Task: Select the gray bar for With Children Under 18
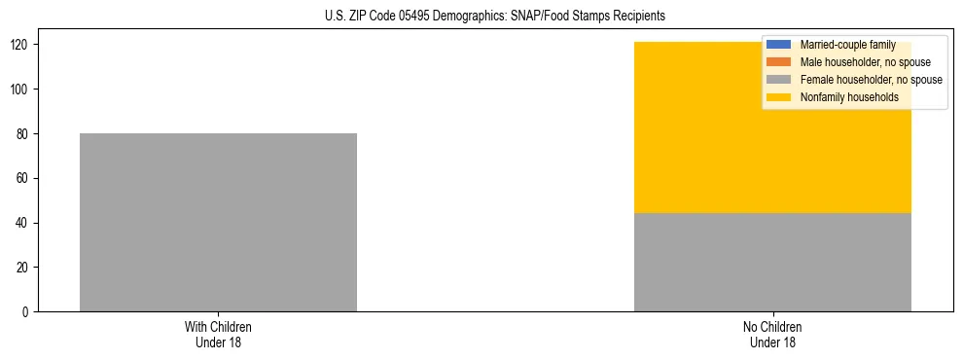tap(218, 222)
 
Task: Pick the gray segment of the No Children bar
tap(772, 262)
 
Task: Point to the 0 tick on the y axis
tap(28, 312)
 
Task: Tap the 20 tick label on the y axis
tap(25, 268)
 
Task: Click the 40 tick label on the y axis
tap(25, 223)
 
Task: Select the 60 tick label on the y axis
tap(25, 178)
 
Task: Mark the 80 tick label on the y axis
tap(25, 134)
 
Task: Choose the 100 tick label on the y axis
tap(22, 90)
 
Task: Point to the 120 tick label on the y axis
tap(22, 45)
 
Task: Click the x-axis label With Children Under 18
tap(218, 334)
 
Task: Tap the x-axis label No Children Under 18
tap(772, 334)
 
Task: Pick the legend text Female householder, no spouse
tap(871, 80)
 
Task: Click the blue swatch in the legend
tap(779, 45)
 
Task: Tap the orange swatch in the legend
tap(779, 62)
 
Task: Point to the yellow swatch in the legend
tap(779, 97)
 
